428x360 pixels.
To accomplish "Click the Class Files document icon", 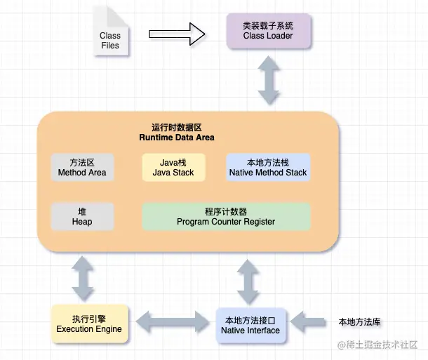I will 109,36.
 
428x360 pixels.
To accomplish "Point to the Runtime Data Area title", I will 176,133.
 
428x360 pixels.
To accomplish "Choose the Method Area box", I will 82,168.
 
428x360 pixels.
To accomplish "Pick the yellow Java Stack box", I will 173,168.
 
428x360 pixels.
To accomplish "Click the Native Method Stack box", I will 268,168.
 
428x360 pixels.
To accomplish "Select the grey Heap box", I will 82,217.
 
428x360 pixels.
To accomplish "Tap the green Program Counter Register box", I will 226,217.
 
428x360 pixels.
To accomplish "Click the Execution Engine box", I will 89,324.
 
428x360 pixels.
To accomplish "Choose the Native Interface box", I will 250,325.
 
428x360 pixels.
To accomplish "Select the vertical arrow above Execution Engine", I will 83,279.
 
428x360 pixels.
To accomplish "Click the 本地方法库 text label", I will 359,322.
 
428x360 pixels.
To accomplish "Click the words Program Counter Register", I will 226,222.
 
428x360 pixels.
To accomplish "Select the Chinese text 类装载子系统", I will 269,25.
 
